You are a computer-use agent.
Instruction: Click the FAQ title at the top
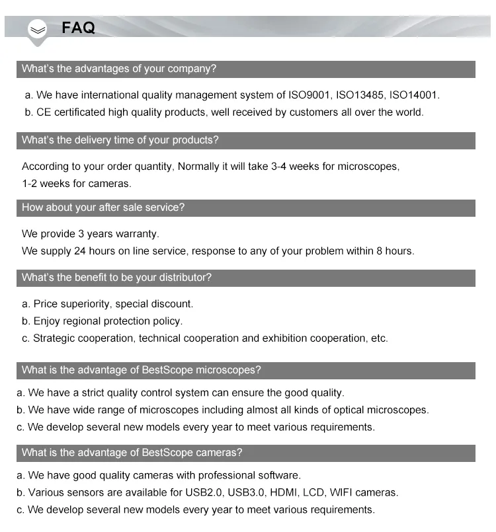pos(78,28)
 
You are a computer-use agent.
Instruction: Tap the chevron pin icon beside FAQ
pos(38,30)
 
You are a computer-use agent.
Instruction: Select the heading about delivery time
pos(120,140)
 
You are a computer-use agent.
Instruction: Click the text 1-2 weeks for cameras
pos(77,184)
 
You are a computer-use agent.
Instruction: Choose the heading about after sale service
pos(103,208)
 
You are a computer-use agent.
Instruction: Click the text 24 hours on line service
pos(115,251)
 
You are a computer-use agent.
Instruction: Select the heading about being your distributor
pos(116,278)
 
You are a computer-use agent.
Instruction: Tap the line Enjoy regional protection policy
pos(108,321)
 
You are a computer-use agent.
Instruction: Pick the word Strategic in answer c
pos(56,338)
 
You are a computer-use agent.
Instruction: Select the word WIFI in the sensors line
pos(345,492)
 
